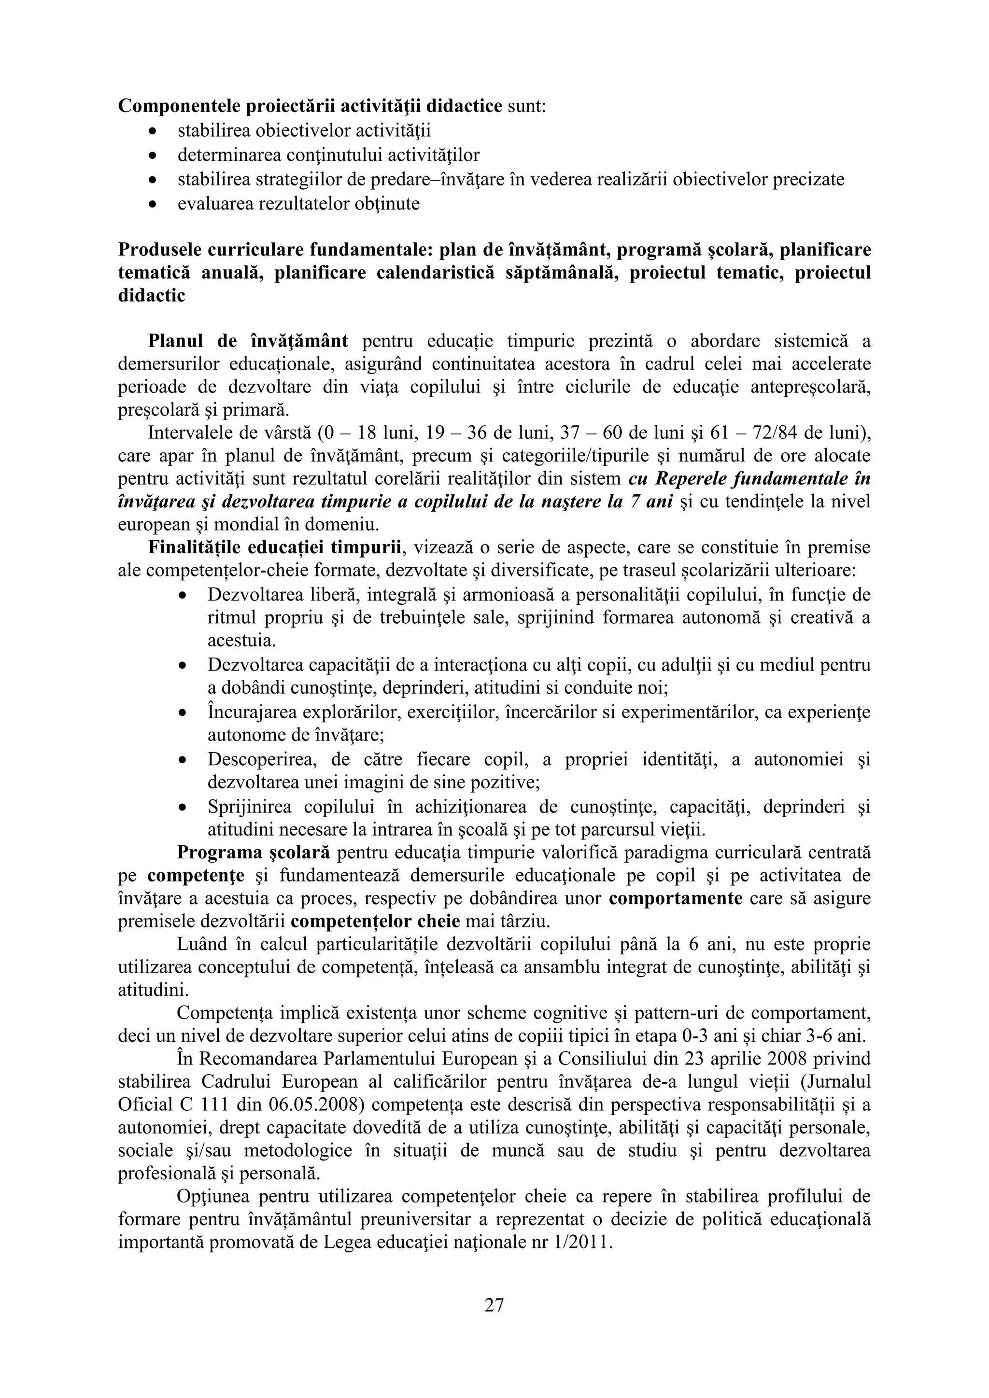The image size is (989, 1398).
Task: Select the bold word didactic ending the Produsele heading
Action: [152, 296]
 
